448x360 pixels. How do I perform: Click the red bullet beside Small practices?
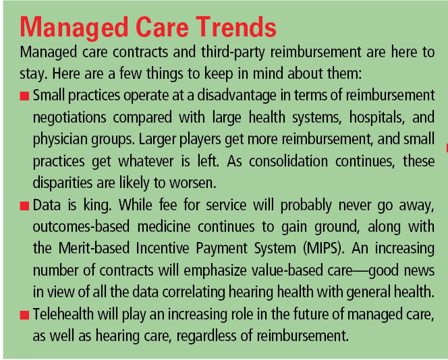pyautogui.click(x=24, y=96)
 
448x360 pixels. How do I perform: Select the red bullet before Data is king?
pyautogui.click(x=24, y=206)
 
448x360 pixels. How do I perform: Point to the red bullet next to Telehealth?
pyautogui.click(x=24, y=316)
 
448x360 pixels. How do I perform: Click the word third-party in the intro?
pyautogui.click(x=233, y=53)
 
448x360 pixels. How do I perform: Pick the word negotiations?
pyautogui.click(x=69, y=118)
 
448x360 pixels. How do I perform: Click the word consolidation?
pyautogui.click(x=288, y=162)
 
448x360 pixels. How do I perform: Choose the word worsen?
pyautogui.click(x=193, y=183)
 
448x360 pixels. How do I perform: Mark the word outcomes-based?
pyautogui.click(x=81, y=227)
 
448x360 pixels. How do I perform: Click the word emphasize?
pyautogui.click(x=215, y=271)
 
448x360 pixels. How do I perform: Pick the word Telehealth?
pyautogui.click(x=63, y=314)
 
